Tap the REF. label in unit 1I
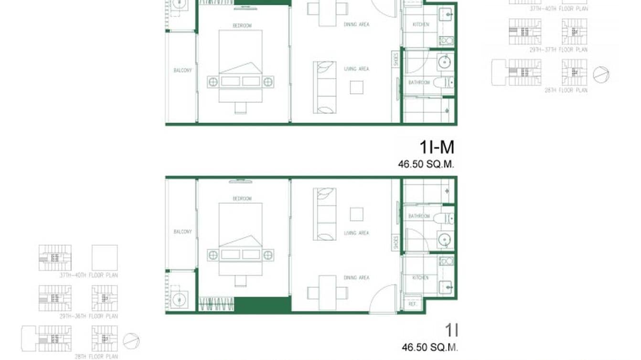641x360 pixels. coord(411,304)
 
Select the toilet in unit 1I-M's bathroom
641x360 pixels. coord(442,83)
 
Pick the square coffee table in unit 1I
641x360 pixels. coord(356,214)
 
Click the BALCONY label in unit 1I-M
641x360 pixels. coord(182,71)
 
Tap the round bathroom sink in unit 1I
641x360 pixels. coord(445,239)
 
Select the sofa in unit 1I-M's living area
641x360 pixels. coord(324,87)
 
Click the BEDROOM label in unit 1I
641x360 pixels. coord(242,199)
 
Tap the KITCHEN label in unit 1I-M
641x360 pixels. coord(421,24)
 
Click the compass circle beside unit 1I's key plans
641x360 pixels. coord(131,340)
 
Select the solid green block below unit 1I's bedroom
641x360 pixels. coord(263,305)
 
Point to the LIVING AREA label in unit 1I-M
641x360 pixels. coord(356,69)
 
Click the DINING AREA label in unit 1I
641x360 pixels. coord(356,277)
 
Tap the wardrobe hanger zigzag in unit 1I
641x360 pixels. coord(216,304)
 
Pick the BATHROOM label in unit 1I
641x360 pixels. coord(419,216)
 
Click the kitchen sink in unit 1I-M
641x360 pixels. coord(446,14)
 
